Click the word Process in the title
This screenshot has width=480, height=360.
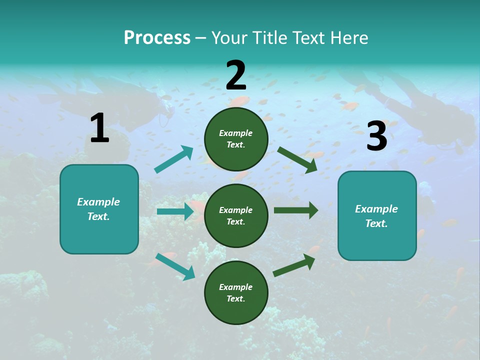(x=157, y=38)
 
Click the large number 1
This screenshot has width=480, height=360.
(x=99, y=128)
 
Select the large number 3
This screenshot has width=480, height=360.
(x=376, y=136)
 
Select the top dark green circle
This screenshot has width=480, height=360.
(x=236, y=139)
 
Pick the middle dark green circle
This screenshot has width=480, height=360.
(x=236, y=215)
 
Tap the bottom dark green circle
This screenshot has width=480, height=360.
(x=236, y=292)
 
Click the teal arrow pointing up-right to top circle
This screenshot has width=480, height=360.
(x=174, y=159)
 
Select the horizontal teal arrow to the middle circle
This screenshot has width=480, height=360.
(x=175, y=211)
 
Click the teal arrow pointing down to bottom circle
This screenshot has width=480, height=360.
(x=175, y=266)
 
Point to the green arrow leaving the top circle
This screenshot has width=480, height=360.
(x=297, y=159)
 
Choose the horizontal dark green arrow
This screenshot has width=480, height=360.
(x=295, y=210)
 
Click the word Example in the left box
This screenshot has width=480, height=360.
(x=98, y=202)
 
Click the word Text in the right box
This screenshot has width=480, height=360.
(x=376, y=223)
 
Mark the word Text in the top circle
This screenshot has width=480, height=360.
(x=235, y=145)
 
